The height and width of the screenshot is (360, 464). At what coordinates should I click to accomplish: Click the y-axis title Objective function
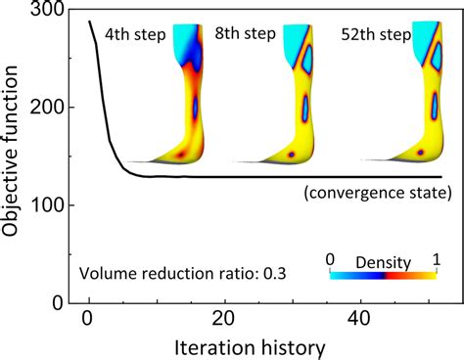coord(14,157)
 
